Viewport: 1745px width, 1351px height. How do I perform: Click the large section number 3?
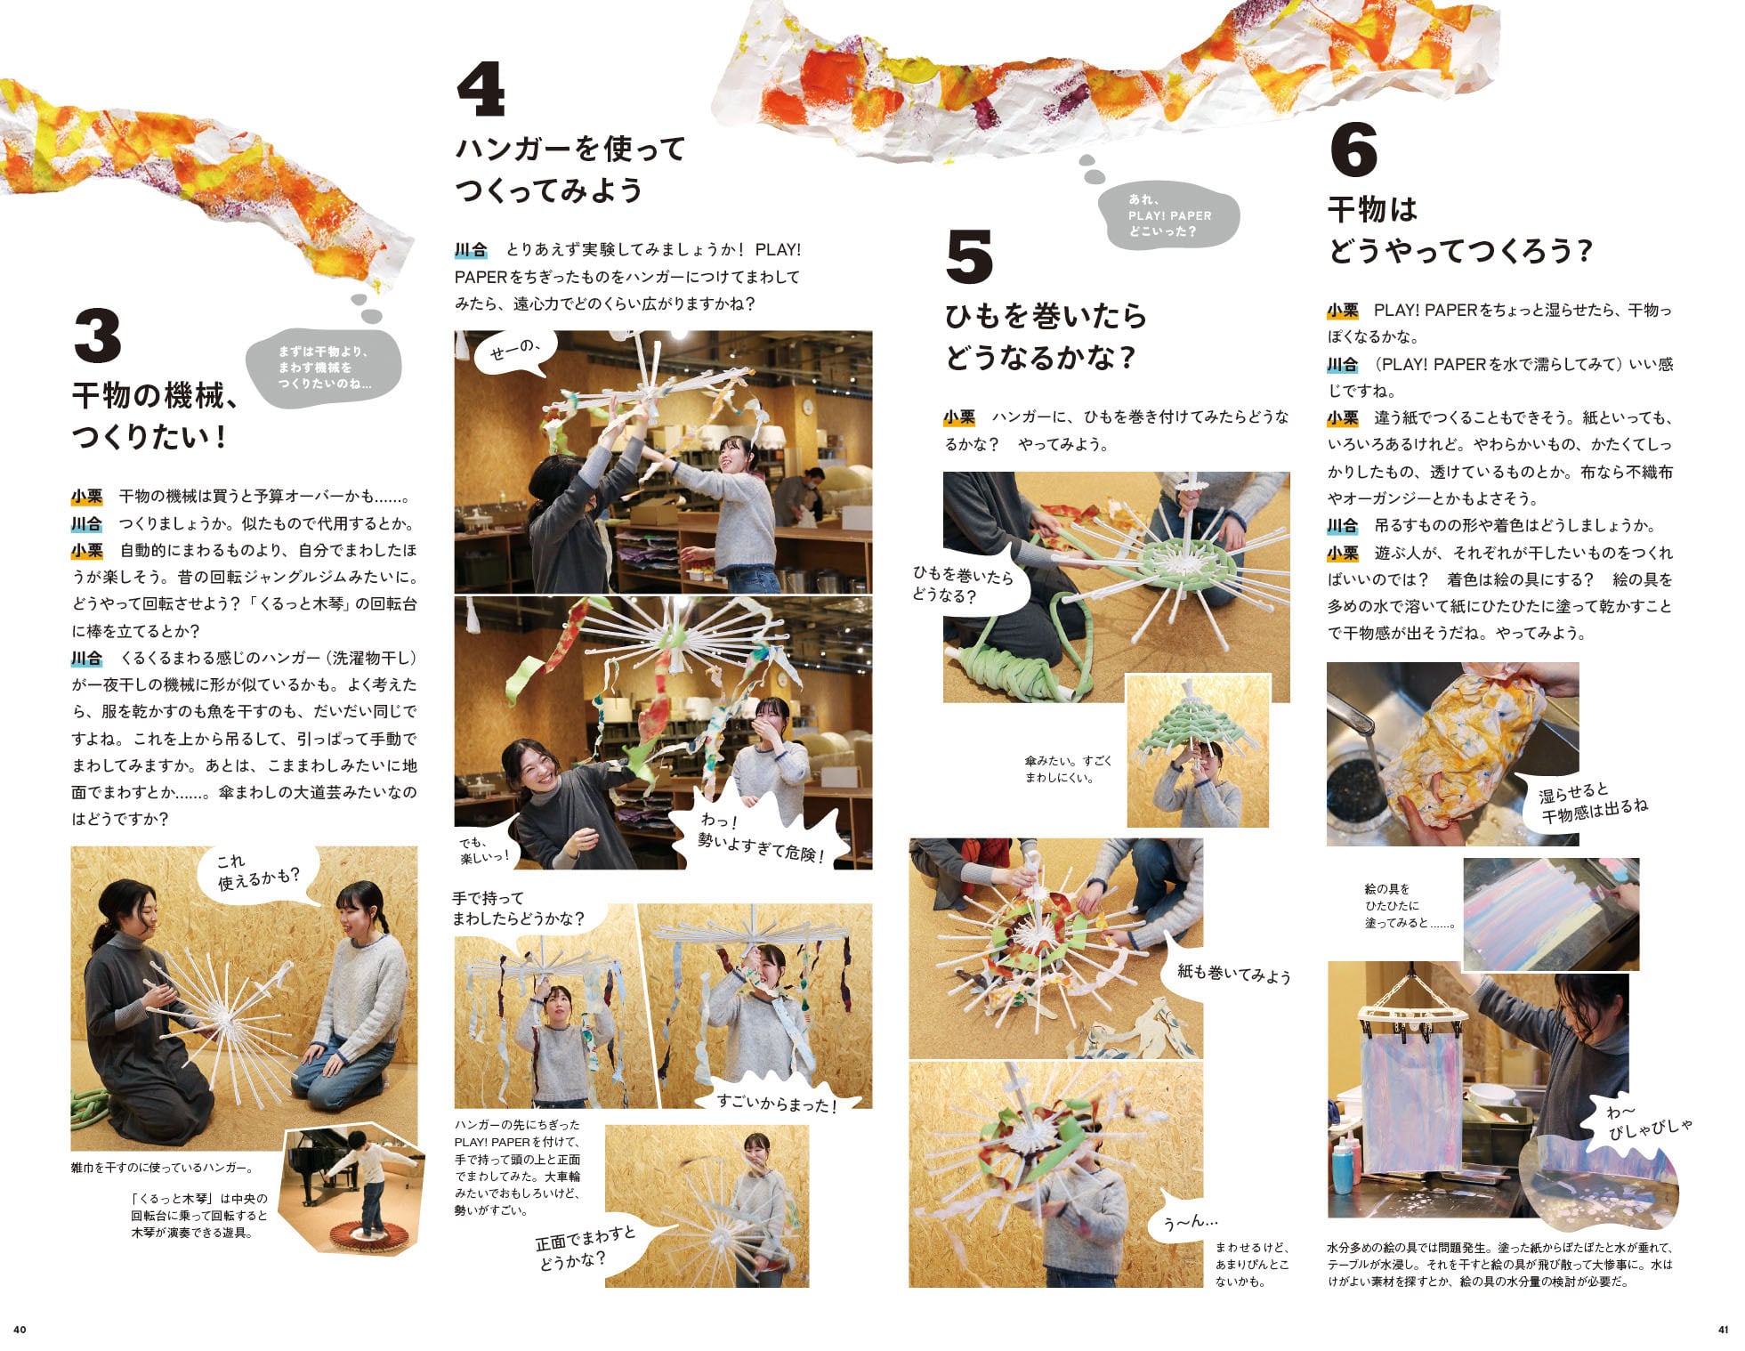[x=98, y=336]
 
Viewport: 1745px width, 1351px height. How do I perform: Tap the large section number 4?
[x=481, y=89]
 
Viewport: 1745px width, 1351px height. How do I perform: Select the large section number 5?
[x=969, y=256]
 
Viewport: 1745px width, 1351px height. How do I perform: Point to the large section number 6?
[x=1353, y=149]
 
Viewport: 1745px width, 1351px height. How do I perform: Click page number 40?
[x=20, y=1330]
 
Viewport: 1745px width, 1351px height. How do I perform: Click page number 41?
[x=1723, y=1330]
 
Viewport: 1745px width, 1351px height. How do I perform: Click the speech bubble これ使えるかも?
[x=259, y=872]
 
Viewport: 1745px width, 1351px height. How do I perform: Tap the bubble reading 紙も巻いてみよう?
[x=1232, y=973]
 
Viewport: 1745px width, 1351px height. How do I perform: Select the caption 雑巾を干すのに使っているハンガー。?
[x=162, y=1168]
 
